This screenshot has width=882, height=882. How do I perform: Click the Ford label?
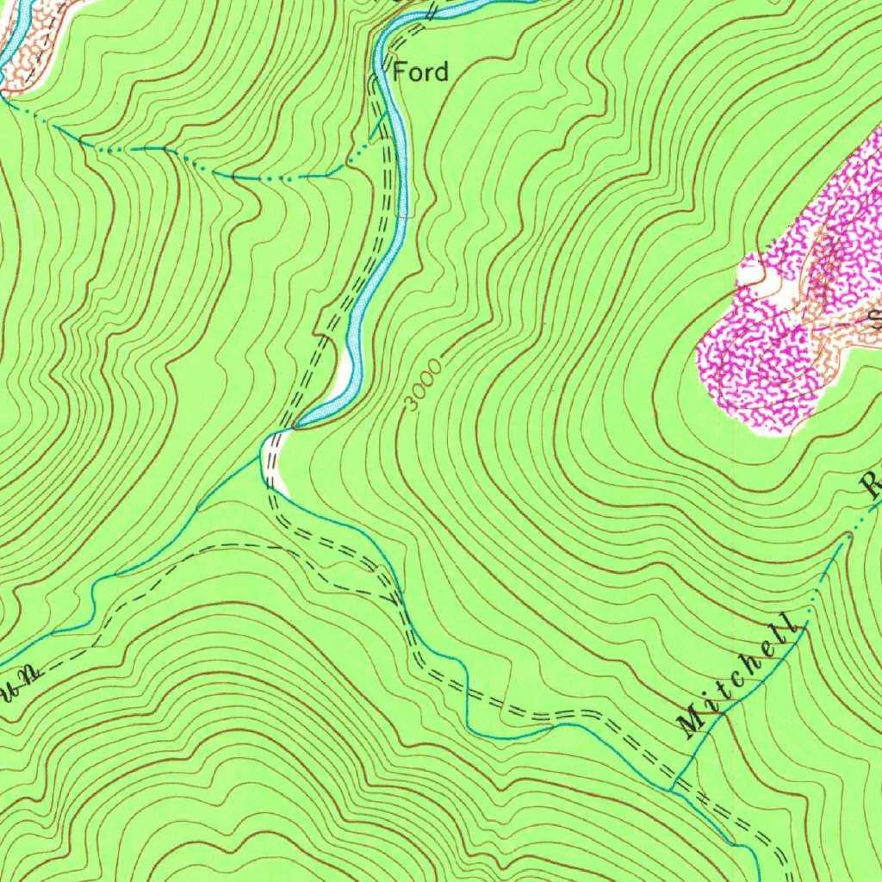pos(420,71)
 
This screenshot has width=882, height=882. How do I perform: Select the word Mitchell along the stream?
pos(736,677)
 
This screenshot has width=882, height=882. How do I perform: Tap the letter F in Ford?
pos(400,71)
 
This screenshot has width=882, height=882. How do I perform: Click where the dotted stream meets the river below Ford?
pos(372,138)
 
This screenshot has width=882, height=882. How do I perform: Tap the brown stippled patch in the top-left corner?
pos(30,34)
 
